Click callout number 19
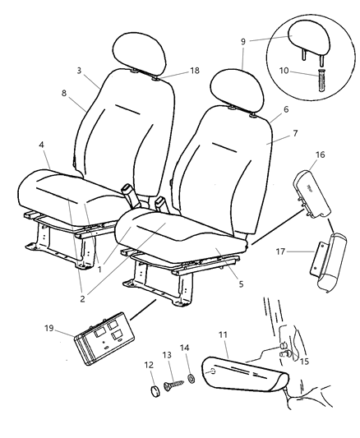(48, 328)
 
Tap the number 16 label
(321, 154)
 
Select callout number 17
(280, 251)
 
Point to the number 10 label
(284, 71)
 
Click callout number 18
(195, 71)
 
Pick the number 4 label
(41, 145)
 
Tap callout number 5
(241, 284)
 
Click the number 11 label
(223, 334)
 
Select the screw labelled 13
(173, 385)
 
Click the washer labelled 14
(192, 379)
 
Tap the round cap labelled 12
(155, 391)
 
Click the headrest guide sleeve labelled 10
(321, 80)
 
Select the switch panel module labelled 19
(104, 339)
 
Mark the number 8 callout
(64, 93)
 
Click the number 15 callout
(304, 362)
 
